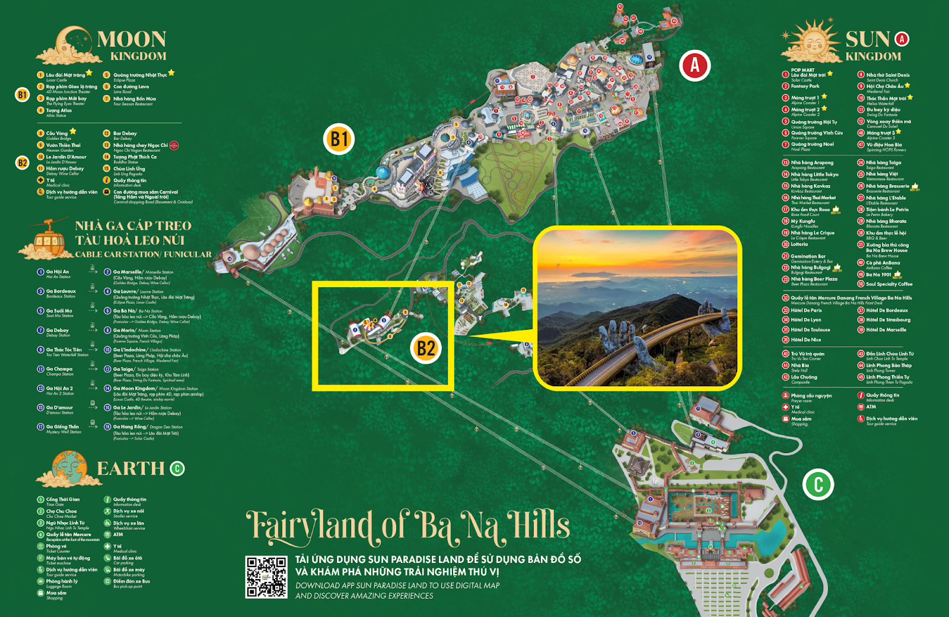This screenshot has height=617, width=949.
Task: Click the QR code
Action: click(x=266, y=576)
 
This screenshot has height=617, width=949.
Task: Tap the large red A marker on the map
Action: click(x=695, y=65)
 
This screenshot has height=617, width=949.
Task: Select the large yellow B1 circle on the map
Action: click(x=339, y=139)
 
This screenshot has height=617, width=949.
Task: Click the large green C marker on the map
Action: click(x=818, y=484)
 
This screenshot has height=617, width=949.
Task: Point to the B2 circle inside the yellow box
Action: click(x=426, y=348)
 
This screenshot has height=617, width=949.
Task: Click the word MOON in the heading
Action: click(x=132, y=39)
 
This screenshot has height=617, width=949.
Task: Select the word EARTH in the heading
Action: click(x=130, y=469)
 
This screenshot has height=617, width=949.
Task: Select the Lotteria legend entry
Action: click(x=799, y=244)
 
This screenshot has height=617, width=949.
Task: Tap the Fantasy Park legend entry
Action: click(x=805, y=86)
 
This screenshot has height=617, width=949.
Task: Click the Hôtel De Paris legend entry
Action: click(x=806, y=310)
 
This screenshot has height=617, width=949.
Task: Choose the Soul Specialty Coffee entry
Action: click(x=889, y=284)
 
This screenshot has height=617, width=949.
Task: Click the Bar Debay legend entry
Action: click(x=125, y=133)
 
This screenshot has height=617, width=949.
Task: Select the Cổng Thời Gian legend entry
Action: click(x=62, y=500)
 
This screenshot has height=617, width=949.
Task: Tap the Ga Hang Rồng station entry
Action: click(x=131, y=427)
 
